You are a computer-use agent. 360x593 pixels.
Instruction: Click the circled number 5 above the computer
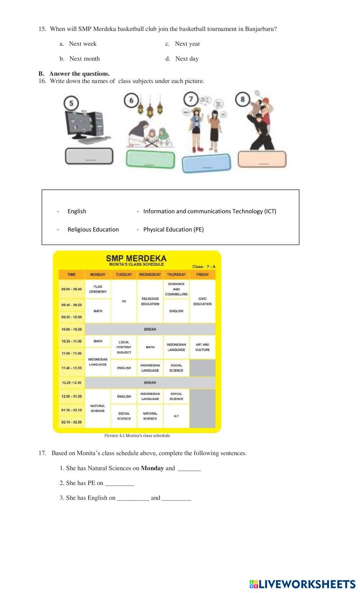71,103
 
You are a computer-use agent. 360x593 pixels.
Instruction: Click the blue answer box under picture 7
206,164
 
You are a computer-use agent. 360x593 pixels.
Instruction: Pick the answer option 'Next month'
84,59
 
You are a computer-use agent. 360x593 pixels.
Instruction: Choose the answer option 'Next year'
187,44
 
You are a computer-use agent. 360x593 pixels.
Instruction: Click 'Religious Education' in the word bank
93,229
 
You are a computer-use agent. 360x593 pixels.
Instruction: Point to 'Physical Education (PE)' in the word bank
173,229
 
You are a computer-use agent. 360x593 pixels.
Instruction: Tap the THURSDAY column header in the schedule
176,274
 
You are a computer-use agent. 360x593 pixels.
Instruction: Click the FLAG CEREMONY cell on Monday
98,289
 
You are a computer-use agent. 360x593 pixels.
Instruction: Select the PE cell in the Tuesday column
124,301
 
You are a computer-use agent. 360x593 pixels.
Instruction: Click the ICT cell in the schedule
176,416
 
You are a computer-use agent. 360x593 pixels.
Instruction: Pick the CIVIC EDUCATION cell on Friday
202,301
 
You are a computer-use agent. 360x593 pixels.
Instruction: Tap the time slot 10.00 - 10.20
72,329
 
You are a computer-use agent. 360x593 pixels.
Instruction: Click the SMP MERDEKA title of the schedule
136,258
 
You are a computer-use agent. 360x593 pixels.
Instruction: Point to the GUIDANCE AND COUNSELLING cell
176,289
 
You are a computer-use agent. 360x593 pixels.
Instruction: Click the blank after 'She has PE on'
119,483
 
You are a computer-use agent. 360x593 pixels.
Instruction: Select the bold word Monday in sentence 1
152,468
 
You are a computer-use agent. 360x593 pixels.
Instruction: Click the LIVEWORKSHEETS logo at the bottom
302,584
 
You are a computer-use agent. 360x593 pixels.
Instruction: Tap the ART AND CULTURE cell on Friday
202,347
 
